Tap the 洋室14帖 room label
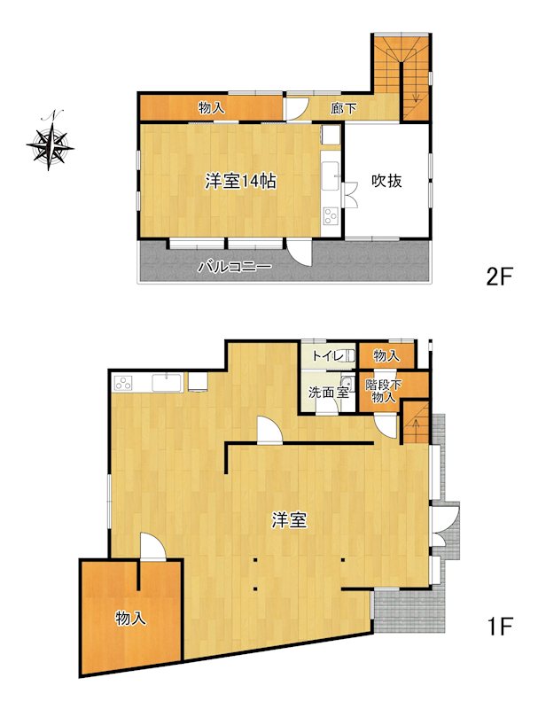(x=240, y=182)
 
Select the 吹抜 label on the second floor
(x=386, y=181)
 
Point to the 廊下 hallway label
(x=344, y=108)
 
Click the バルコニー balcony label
(x=235, y=267)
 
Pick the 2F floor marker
(x=498, y=277)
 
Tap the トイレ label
(x=328, y=356)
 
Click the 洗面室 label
(x=329, y=392)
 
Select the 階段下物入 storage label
(x=384, y=391)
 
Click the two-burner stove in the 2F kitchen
(x=331, y=216)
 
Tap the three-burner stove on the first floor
(x=123, y=384)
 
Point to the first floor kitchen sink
(x=167, y=384)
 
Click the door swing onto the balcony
(x=300, y=253)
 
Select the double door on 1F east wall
(x=444, y=525)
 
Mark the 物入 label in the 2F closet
(x=211, y=108)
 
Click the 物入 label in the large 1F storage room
(x=130, y=618)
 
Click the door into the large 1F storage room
(x=152, y=547)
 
